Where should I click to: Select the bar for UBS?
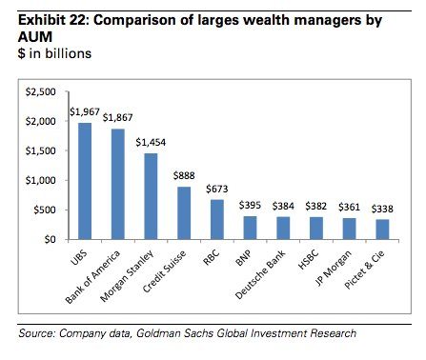click(85, 181)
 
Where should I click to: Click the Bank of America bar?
click(118, 184)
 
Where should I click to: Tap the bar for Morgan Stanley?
click(151, 196)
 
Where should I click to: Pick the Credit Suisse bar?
click(184, 213)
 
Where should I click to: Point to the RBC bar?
click(217, 219)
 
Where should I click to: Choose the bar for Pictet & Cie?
click(382, 230)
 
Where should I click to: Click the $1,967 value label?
click(85, 112)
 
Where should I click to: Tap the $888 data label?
click(184, 175)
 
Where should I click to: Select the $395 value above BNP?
click(250, 205)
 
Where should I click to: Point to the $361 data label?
click(349, 207)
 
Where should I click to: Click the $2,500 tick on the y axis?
click(41, 91)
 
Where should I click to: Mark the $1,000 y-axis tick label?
click(41, 180)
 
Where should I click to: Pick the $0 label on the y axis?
click(51, 239)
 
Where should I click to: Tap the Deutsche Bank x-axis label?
click(260, 275)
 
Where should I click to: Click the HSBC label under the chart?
click(309, 260)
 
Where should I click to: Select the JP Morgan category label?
click(334, 268)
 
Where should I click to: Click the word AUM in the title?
click(35, 37)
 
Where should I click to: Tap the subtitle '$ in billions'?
click(54, 53)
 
